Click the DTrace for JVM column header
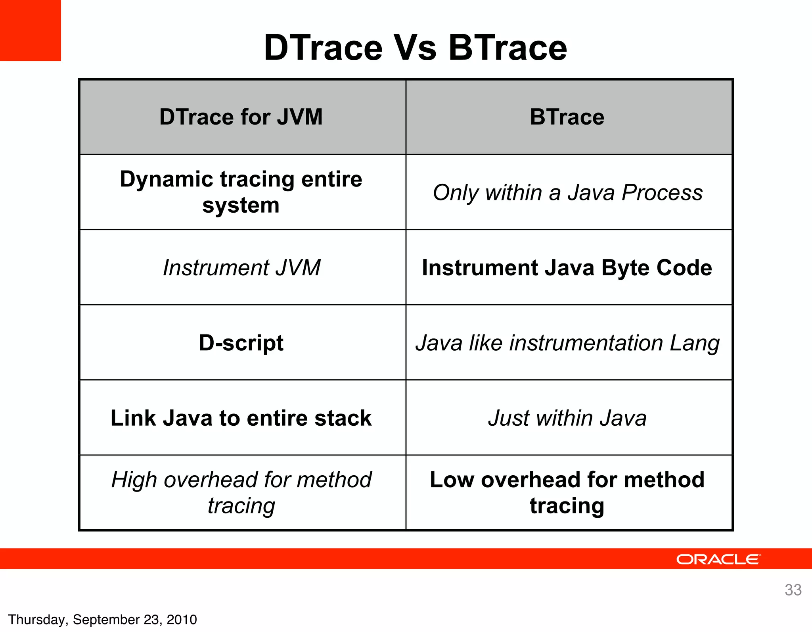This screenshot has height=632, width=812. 241,117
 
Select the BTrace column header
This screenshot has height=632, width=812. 567,117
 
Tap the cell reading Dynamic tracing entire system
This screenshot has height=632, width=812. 241,192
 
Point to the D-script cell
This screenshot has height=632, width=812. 241,343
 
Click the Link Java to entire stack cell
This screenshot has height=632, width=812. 241,418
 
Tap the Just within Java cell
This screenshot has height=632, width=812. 567,418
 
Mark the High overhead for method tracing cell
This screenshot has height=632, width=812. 241,492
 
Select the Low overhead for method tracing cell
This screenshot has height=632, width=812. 567,492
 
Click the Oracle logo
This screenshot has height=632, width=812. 718,559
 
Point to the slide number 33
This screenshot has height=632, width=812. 793,590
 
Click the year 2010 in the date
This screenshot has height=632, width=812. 182,620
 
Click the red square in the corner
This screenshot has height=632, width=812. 30,30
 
